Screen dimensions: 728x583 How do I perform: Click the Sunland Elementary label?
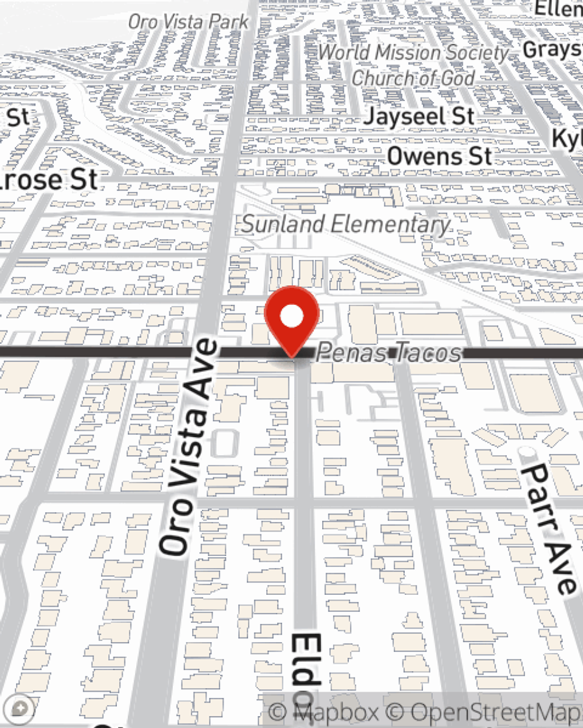[x=346, y=224]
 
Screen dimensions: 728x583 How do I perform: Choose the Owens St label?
[x=440, y=156]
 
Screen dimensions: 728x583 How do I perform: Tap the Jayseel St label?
[x=419, y=116]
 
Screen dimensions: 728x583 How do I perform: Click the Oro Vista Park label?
[x=188, y=22]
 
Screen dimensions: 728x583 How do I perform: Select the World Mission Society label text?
[x=413, y=52]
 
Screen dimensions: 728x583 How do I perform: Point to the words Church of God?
[x=413, y=77]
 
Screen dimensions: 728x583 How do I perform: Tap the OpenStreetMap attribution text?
[x=490, y=712]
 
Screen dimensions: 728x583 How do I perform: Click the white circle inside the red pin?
[x=291, y=316]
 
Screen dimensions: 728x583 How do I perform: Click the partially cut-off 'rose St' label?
[x=49, y=179]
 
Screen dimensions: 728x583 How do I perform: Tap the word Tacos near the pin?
[x=428, y=353]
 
